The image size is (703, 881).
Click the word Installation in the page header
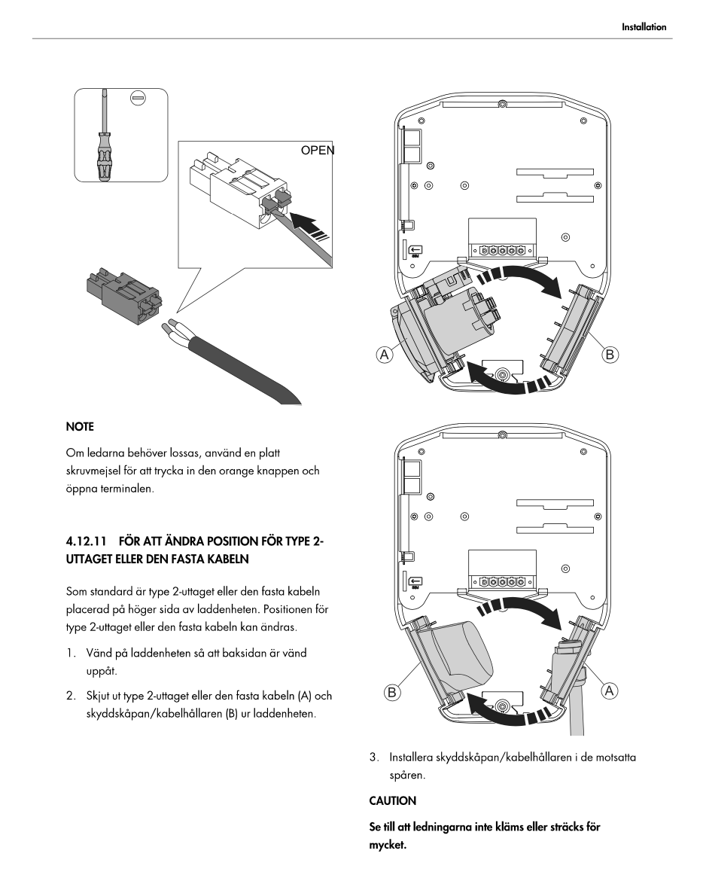[644, 27]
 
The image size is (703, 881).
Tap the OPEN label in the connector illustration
[317, 150]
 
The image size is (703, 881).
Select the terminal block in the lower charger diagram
[502, 582]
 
